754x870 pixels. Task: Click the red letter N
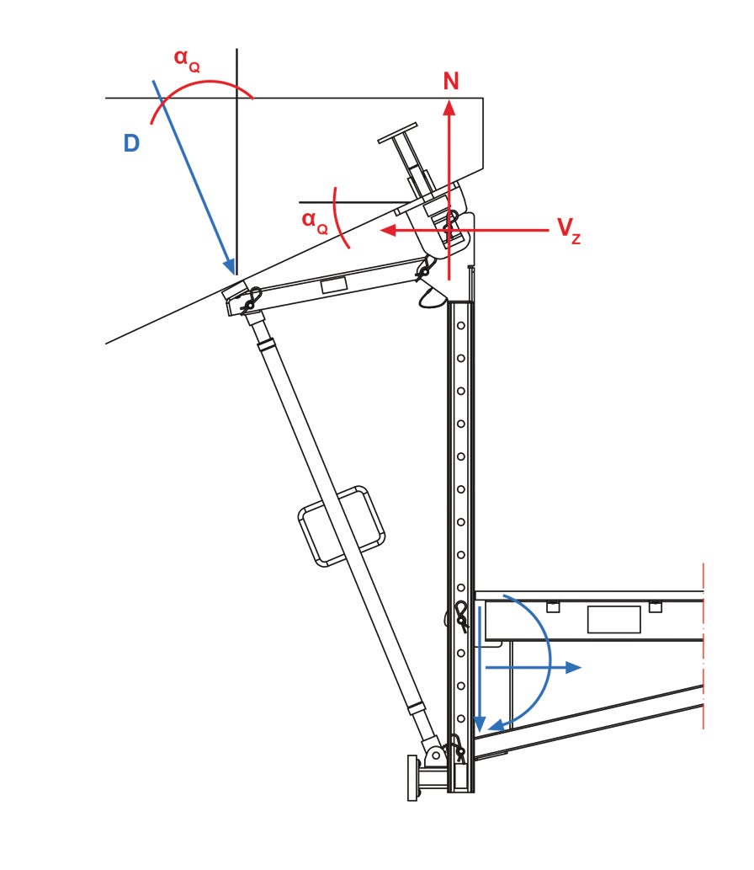451,82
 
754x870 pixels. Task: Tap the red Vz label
568,229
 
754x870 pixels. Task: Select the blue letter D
131,144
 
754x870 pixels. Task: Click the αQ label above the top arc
186,60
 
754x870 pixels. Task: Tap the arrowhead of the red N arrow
450,105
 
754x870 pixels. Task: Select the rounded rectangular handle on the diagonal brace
342,526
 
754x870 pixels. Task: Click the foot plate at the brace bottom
412,777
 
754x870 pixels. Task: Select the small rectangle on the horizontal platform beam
613,619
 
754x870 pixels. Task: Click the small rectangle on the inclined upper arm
334,286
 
